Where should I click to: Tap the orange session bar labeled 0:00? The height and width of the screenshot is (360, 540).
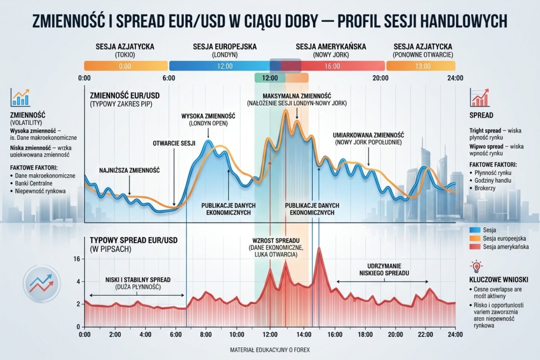click(x=125, y=66)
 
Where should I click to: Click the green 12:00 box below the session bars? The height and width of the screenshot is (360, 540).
click(x=270, y=77)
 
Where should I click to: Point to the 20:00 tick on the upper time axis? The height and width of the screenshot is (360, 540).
click(x=381, y=78)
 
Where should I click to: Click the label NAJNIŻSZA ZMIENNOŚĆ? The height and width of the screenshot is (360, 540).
click(x=129, y=171)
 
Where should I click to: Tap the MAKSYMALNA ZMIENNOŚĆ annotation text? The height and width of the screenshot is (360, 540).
click(x=297, y=99)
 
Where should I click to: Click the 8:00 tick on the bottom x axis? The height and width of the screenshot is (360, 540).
click(x=206, y=335)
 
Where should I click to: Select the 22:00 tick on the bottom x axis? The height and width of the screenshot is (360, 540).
click(x=425, y=335)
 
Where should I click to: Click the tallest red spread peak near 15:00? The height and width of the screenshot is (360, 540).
click(x=319, y=249)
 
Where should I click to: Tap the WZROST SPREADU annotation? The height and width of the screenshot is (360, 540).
click(x=276, y=247)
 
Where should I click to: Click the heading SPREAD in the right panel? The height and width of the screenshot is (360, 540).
click(x=481, y=115)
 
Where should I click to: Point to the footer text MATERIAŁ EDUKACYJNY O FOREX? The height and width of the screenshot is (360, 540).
click(x=270, y=350)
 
